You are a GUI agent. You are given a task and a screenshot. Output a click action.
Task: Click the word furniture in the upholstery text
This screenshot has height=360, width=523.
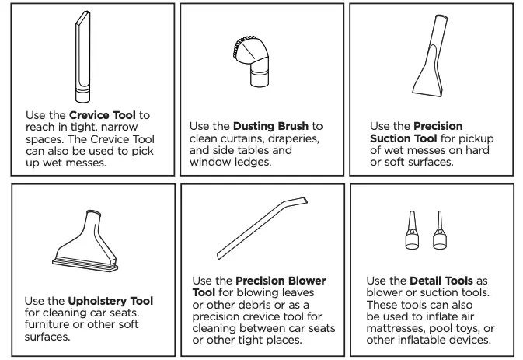point(50,326)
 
